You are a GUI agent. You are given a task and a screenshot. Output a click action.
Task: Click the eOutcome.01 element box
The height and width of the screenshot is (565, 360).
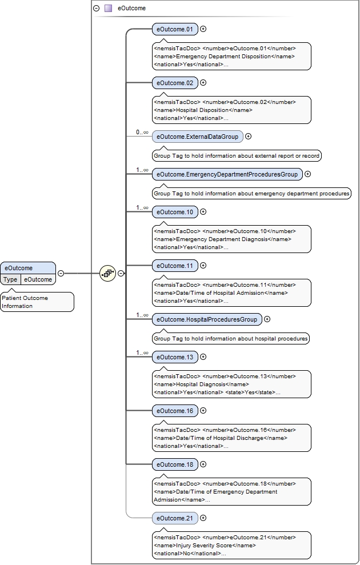pyautogui.click(x=174, y=29)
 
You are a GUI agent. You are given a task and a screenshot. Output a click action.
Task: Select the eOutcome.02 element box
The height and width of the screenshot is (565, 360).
pyautogui.click(x=174, y=83)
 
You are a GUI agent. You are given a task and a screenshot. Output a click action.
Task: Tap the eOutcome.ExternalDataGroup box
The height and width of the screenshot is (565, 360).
pyautogui.click(x=198, y=137)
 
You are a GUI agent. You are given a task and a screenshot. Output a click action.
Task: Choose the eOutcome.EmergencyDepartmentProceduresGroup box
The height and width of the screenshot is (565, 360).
pyautogui.click(x=227, y=174)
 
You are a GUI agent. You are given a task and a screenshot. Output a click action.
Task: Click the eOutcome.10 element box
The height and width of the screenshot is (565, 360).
pyautogui.click(x=174, y=212)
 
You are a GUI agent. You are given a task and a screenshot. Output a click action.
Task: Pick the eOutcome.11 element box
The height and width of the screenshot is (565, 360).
pyautogui.click(x=174, y=266)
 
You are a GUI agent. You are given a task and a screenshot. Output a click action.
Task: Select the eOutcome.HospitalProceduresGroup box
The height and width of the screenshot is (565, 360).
pyautogui.click(x=207, y=319)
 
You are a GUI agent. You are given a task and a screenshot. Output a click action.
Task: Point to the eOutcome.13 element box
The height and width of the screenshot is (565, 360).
pyautogui.click(x=174, y=357)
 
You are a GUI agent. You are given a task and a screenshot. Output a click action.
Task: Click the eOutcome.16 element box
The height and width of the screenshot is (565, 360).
pyautogui.click(x=174, y=411)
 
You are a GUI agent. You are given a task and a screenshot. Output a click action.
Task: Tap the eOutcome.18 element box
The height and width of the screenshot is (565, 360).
pyautogui.click(x=174, y=464)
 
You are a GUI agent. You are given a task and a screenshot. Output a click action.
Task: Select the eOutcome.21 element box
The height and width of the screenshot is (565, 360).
pyautogui.click(x=174, y=518)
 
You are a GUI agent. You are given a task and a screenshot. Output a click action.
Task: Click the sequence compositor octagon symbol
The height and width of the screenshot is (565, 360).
pyautogui.click(x=107, y=273)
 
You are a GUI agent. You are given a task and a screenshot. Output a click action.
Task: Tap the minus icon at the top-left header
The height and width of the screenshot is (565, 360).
pyautogui.click(x=97, y=9)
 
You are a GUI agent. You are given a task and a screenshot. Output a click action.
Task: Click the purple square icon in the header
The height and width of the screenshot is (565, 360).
pyautogui.click(x=108, y=9)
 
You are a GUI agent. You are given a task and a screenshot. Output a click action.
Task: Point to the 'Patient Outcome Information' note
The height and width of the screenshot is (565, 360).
pyautogui.click(x=37, y=302)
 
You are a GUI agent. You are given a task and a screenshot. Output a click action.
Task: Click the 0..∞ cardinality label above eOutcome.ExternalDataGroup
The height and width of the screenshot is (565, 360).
pyautogui.click(x=142, y=132)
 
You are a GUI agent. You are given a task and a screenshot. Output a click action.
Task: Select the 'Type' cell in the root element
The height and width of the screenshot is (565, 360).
pyautogui.click(x=10, y=279)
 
